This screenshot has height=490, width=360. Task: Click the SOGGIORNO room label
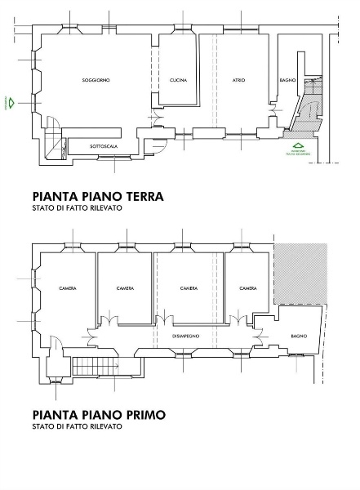coord(96,80)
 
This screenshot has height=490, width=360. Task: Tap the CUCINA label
coord(178,80)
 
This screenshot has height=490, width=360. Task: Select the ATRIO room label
coord(238,80)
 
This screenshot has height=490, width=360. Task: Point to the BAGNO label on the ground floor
coord(287,80)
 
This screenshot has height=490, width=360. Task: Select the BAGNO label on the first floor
coord(297,335)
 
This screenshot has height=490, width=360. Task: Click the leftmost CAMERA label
coord(68,288)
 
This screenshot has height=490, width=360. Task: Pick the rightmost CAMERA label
coord(248,288)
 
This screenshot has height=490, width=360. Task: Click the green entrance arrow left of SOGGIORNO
coord(11,103)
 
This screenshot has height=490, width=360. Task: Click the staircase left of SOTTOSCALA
coord(53,139)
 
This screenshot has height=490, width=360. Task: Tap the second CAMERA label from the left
coord(125,288)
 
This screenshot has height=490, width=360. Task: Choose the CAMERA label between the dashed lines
coord(189,288)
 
